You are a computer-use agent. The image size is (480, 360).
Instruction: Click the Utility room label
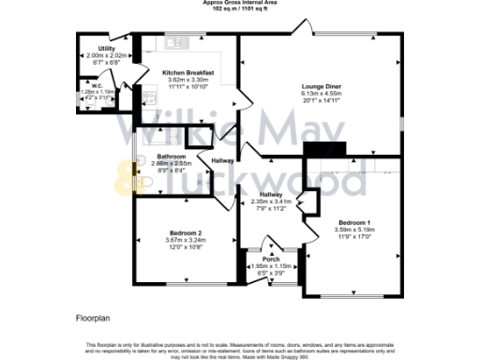click(x=106, y=48)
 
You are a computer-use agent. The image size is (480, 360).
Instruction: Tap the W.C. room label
click(x=97, y=85)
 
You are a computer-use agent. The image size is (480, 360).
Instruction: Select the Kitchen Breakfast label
click(x=188, y=73)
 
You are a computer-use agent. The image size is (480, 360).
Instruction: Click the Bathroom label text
click(x=171, y=156)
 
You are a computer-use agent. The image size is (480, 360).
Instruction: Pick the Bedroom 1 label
click(x=355, y=221)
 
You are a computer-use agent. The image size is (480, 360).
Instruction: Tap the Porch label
click(x=272, y=259)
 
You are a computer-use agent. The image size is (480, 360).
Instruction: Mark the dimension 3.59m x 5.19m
click(x=355, y=229)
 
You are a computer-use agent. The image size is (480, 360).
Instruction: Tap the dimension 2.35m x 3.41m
click(x=272, y=201)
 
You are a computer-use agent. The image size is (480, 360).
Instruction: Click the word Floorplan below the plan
click(x=94, y=319)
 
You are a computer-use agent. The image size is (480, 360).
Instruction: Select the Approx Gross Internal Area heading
click(x=239, y=3)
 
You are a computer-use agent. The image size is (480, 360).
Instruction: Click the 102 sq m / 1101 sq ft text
click(x=239, y=9)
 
